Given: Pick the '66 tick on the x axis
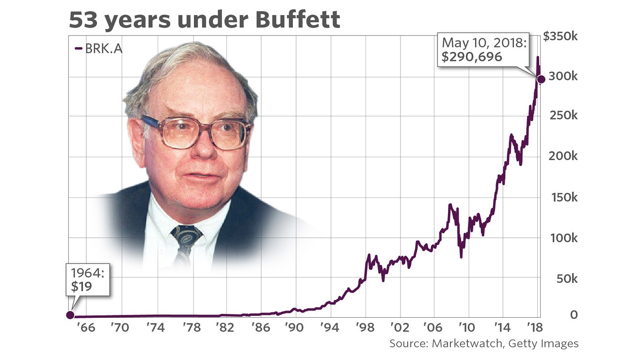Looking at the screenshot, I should point(85,327).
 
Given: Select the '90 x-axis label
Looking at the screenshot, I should point(295,327).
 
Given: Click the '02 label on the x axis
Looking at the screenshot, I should point(400,327).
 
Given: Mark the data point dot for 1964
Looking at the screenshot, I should point(70,315).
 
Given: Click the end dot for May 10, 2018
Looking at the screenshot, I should point(542,80).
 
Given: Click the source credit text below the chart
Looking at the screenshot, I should point(484,344).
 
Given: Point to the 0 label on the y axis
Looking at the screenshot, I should point(574,315).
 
